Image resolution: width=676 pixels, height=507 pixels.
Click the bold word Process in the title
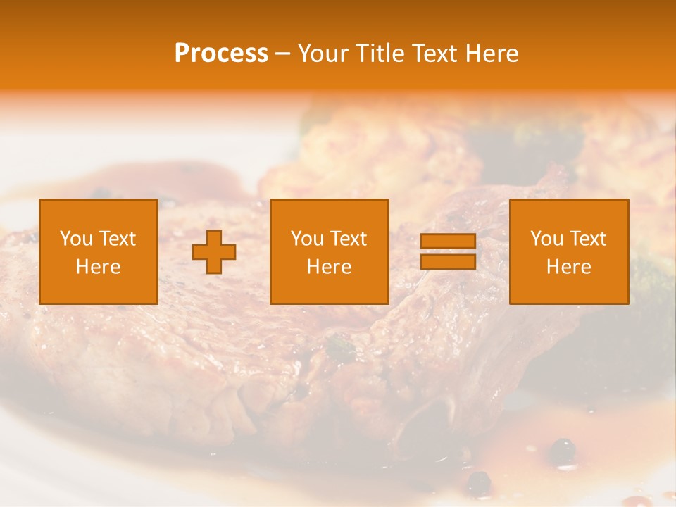point(221,54)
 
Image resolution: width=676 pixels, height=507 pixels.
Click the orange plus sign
point(214,252)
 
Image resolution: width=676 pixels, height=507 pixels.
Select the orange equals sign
point(448,251)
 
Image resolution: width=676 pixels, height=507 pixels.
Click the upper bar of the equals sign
point(448,242)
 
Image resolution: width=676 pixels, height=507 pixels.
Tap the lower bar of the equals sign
point(448,261)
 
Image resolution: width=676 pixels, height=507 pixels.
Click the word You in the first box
point(76,239)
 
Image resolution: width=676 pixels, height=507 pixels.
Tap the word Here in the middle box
point(330,267)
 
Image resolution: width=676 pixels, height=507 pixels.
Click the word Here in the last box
point(569,267)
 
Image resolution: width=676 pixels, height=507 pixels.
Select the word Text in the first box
point(116,239)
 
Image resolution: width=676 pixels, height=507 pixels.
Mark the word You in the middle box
point(307,239)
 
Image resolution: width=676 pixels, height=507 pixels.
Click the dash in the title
point(282,54)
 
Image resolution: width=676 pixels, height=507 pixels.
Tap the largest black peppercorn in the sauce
point(562,449)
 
